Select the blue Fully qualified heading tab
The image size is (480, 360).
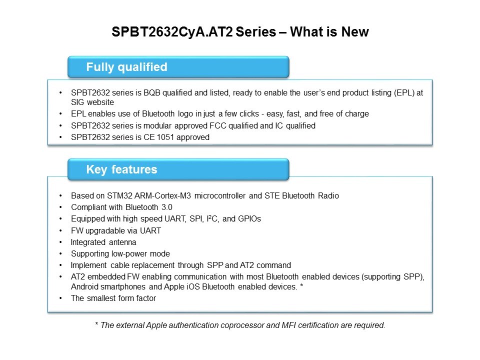[178, 67]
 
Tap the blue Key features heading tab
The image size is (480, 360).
[178, 169]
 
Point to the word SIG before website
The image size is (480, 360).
[79, 101]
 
